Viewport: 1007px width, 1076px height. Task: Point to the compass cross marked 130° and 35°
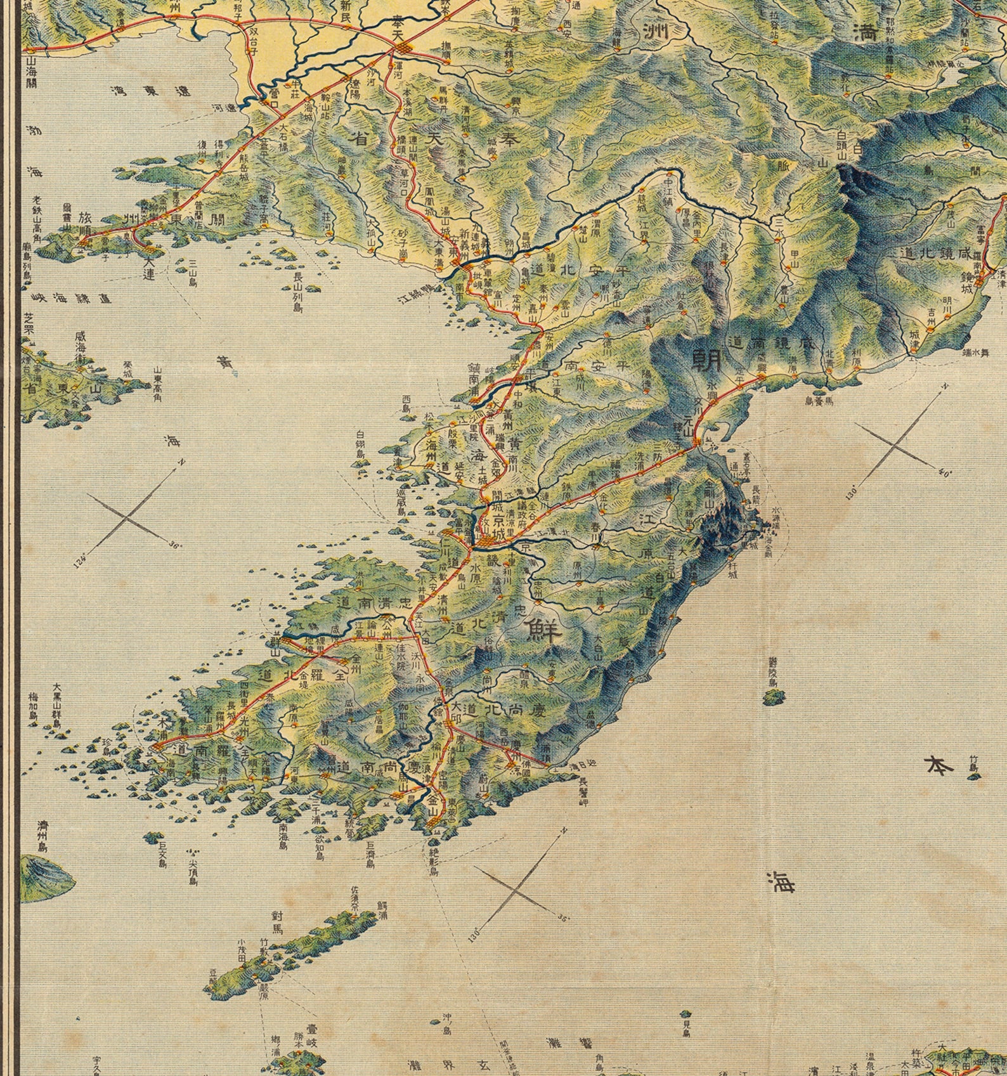click(517, 891)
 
